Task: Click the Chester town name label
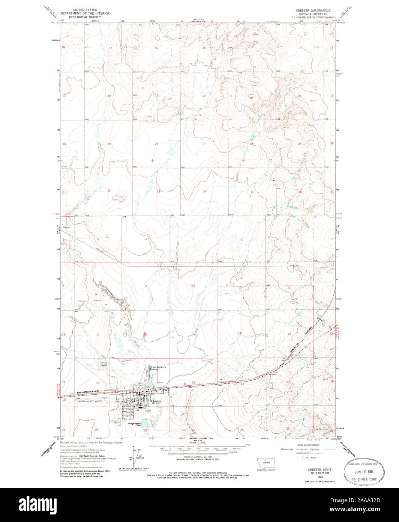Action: pos(156,401)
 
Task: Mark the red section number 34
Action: pos(204,192)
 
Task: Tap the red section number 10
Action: pos(193,287)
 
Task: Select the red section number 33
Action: pos(158,192)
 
